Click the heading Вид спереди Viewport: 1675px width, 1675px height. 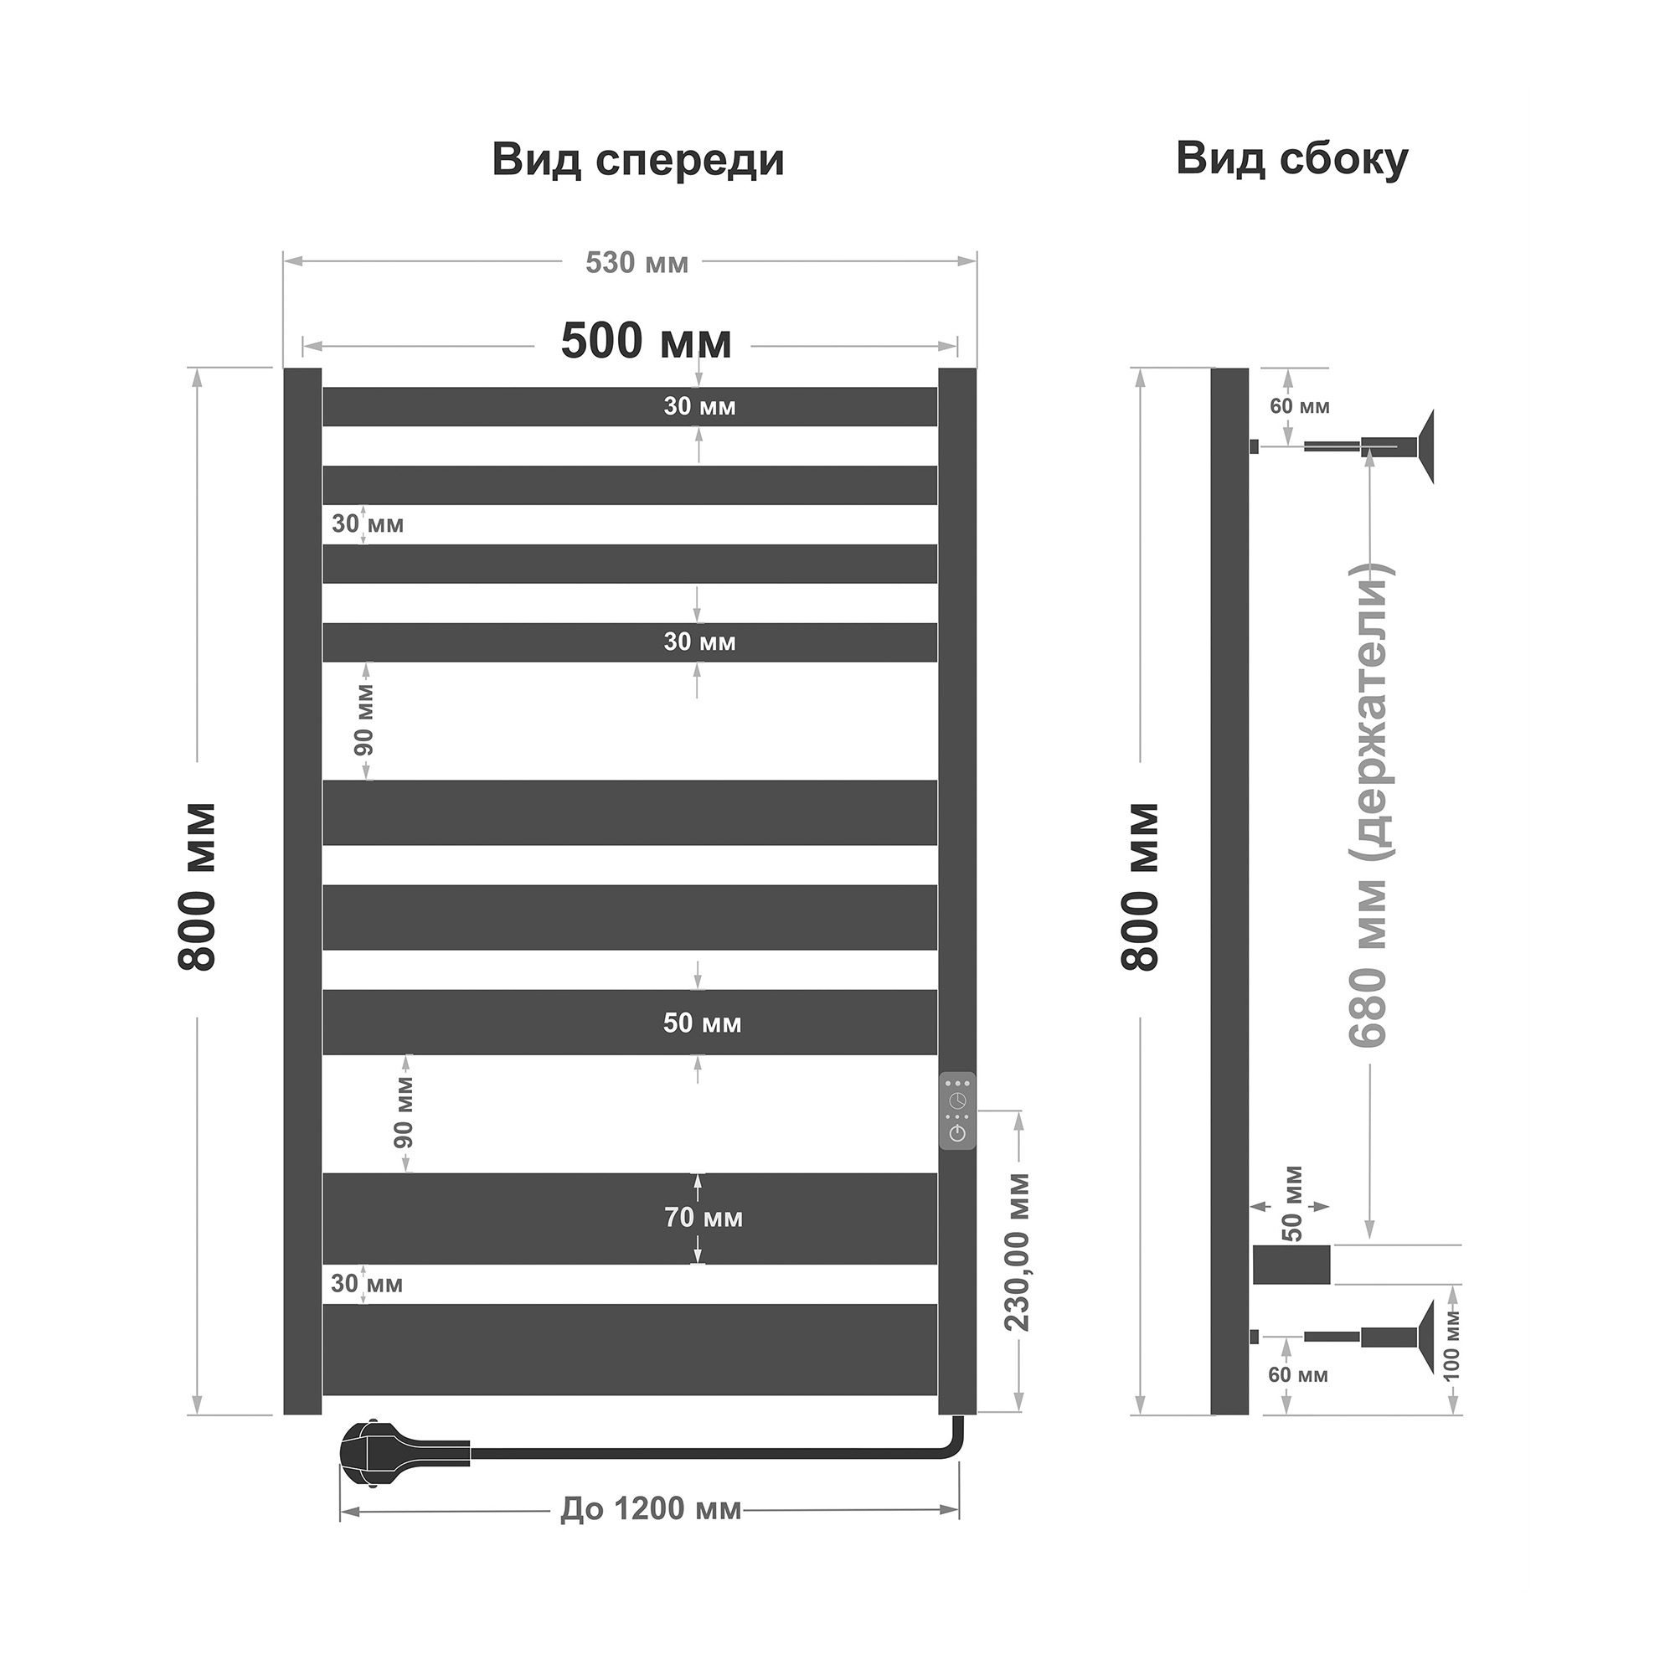pyautogui.click(x=638, y=162)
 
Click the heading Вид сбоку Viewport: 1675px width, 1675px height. pyautogui.click(x=1291, y=161)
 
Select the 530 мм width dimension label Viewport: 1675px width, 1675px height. pyautogui.click(x=636, y=263)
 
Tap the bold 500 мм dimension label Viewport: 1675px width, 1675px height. pyautogui.click(x=646, y=341)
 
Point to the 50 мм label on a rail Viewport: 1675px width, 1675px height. pyautogui.click(x=703, y=1023)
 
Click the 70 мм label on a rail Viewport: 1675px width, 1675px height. pyautogui.click(x=703, y=1217)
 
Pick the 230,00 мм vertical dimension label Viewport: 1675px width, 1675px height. pyautogui.click(x=1016, y=1252)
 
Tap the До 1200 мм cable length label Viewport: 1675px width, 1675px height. pyautogui.click(x=651, y=1509)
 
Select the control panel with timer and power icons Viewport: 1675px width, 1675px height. pyautogui.click(x=957, y=1111)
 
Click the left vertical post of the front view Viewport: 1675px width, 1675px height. pyautogui.click(x=302, y=891)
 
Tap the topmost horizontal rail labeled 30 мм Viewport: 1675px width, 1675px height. pyautogui.click(x=631, y=407)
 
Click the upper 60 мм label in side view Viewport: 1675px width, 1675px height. pyautogui.click(x=1300, y=407)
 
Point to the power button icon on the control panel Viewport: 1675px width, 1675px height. pyautogui.click(x=958, y=1133)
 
